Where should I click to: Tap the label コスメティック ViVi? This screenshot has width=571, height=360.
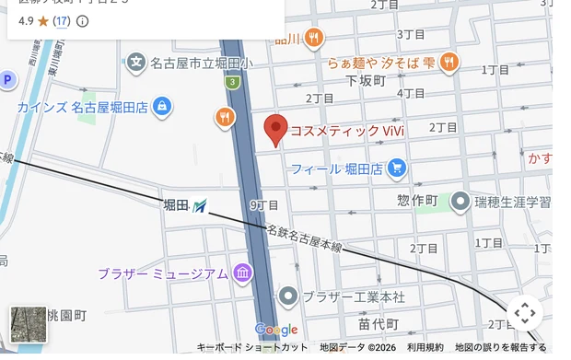click(347, 131)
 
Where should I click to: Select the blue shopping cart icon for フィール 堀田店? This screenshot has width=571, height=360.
click(397, 167)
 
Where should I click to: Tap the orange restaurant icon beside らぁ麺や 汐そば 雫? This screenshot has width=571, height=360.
click(449, 62)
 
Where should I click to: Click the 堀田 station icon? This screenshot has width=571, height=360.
click(201, 204)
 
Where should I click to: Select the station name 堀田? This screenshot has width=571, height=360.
click(176, 204)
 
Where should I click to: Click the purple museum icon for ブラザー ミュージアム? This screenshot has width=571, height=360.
click(242, 273)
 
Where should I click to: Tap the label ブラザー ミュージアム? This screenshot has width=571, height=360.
click(163, 273)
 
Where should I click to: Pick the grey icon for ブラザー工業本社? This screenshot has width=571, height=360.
click(288, 296)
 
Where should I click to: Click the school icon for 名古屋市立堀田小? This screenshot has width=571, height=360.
click(136, 63)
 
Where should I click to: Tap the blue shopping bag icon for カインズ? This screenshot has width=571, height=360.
click(162, 107)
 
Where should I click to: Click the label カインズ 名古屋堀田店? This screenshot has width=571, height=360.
click(83, 108)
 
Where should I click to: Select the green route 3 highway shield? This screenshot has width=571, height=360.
click(234, 82)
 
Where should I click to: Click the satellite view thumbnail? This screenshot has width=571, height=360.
click(29, 324)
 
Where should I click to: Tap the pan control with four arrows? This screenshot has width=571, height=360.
click(524, 313)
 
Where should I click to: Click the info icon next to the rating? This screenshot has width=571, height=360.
click(83, 20)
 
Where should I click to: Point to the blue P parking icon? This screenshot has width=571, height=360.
click(7, 80)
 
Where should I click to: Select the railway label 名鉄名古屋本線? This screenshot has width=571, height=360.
click(304, 240)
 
